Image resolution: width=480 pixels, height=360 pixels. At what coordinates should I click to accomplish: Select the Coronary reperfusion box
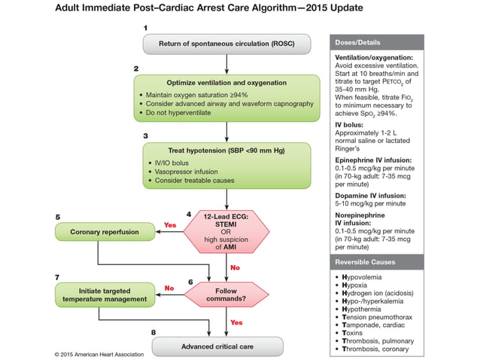coord(105,232)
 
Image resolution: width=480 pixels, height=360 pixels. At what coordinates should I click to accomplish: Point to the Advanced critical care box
coord(217,346)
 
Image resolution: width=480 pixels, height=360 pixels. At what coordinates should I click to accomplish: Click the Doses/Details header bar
coord(376,42)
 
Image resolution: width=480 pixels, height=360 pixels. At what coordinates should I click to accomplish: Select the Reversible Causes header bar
coord(376,261)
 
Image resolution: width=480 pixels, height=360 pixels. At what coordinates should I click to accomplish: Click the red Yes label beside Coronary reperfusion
coord(169,225)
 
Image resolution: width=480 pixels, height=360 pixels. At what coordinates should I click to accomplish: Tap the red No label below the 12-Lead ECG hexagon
coord(234,267)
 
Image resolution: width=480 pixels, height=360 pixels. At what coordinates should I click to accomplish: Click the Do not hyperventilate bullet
coord(184,113)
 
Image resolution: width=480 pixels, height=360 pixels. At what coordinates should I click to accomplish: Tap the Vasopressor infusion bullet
coord(184,171)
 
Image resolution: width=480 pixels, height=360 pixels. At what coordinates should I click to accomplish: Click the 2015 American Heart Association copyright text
coord(100,353)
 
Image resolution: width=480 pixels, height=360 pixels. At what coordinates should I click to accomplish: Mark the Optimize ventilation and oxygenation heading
coord(225,81)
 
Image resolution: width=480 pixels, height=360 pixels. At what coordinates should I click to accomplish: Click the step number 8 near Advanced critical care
coord(153,332)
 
